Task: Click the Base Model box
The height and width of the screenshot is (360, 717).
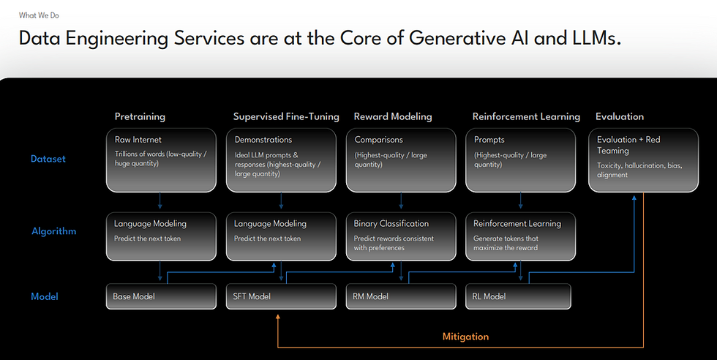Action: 161,296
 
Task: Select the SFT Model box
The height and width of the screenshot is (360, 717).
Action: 281,296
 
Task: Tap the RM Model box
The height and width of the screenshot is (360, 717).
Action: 401,296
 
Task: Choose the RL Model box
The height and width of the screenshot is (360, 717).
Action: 518,296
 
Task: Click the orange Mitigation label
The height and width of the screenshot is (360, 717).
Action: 465,337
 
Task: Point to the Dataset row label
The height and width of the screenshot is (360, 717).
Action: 48,159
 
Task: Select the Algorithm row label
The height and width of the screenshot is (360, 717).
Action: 54,231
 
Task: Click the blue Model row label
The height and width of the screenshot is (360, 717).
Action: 45,296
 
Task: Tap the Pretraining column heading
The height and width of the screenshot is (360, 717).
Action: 140,116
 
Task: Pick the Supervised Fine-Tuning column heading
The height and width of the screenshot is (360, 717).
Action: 286,116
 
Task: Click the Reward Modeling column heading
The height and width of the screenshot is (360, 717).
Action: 393,116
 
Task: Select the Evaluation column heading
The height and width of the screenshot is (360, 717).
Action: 620,116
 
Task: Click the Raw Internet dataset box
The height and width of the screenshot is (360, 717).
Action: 161,160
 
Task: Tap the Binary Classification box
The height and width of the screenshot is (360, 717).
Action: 401,236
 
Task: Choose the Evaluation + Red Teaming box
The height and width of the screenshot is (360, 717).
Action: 643,160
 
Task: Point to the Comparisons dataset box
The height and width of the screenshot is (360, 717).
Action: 401,160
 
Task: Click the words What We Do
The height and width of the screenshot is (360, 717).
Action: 39,15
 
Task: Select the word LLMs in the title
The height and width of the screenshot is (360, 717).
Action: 597,38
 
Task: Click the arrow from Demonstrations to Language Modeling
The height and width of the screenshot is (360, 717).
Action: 281,200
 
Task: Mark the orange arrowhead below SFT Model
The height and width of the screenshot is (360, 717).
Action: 277,316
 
